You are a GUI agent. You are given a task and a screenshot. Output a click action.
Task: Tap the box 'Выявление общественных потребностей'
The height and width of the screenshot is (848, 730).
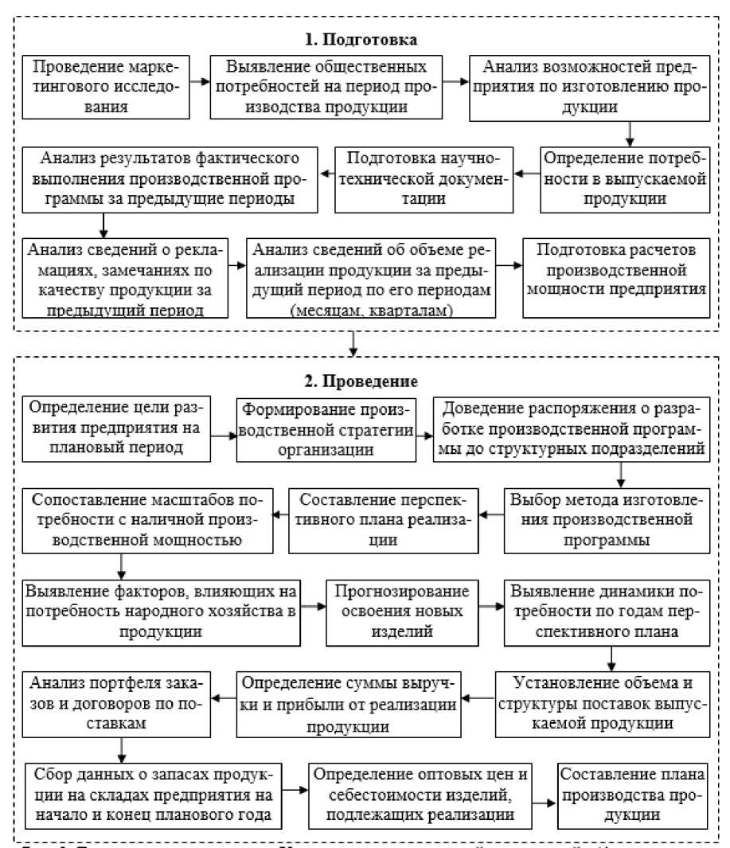326,85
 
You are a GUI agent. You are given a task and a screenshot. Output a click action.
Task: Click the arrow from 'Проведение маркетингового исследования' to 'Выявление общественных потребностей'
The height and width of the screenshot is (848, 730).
200,82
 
